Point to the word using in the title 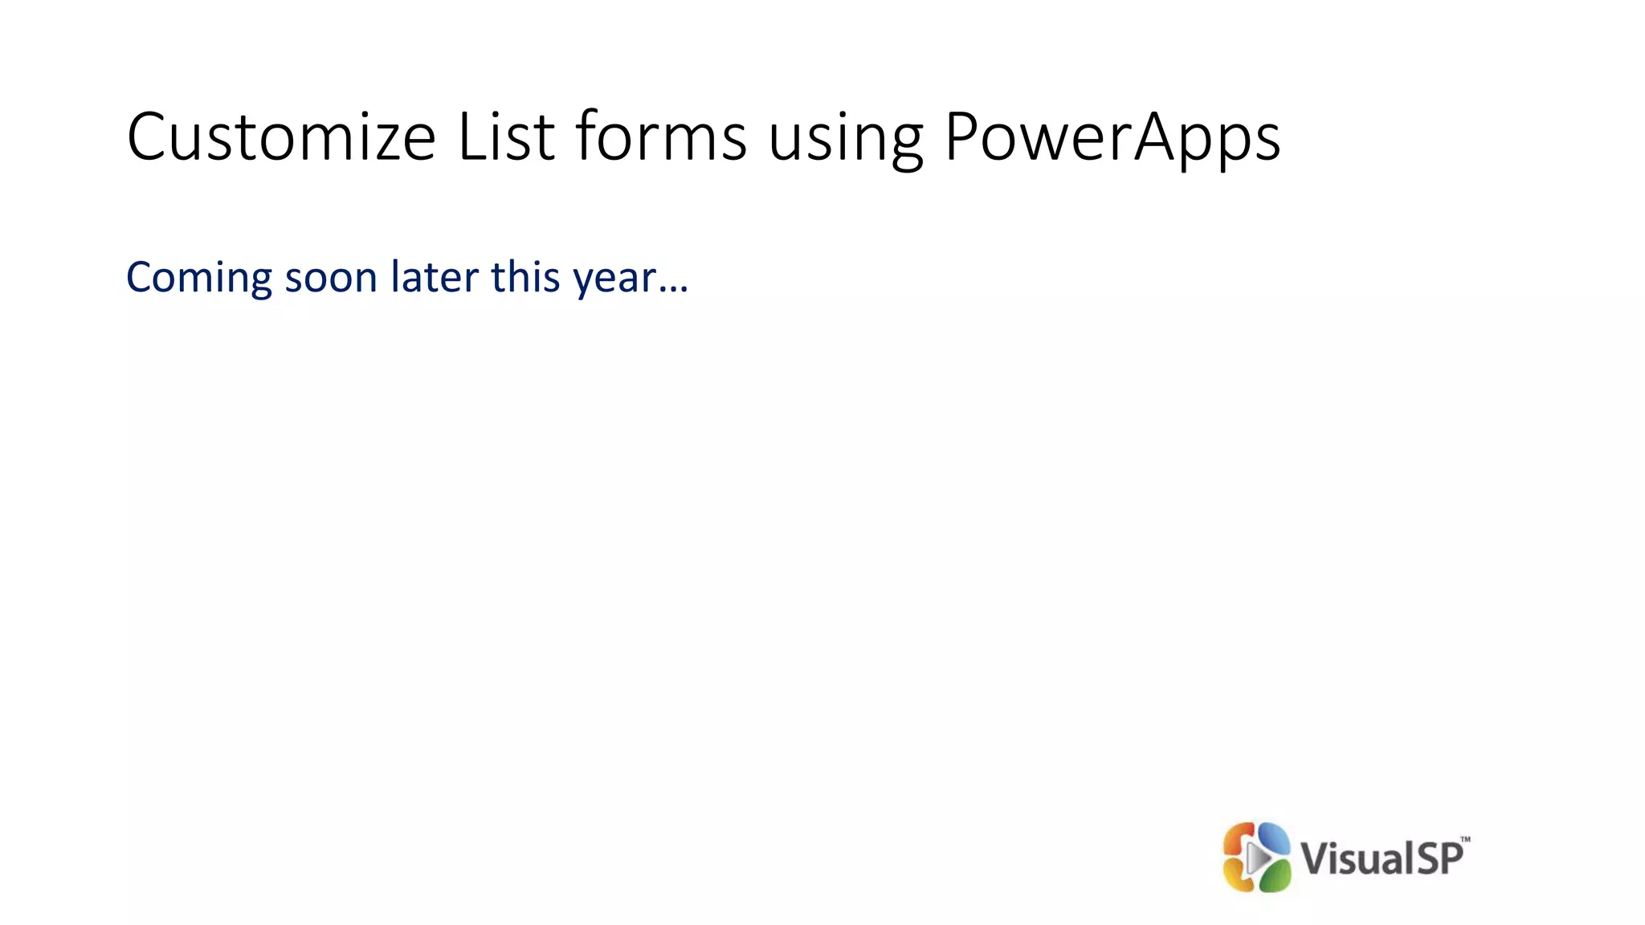[x=845, y=141]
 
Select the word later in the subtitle [x=435, y=277]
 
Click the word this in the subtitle [x=525, y=277]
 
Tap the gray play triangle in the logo [x=1258, y=858]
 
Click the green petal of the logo [x=1276, y=878]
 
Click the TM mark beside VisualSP [x=1465, y=840]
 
